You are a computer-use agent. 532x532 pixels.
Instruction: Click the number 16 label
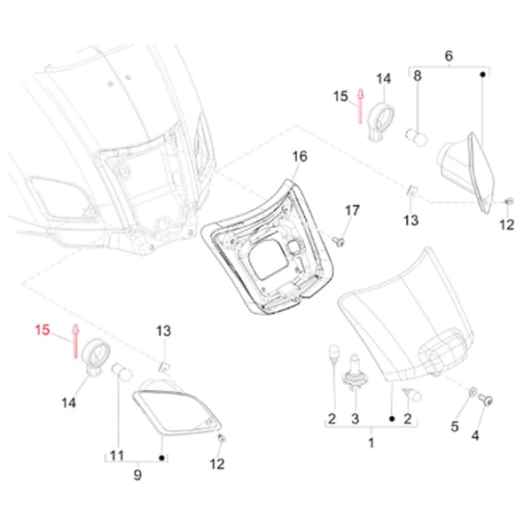[x=300, y=156]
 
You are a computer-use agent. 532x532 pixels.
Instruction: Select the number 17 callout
[x=352, y=210]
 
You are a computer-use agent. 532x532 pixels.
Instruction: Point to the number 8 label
[x=417, y=77]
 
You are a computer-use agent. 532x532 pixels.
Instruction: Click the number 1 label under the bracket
[x=372, y=442]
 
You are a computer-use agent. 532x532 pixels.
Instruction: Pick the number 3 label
[x=356, y=418]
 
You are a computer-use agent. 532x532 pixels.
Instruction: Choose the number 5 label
[x=455, y=426]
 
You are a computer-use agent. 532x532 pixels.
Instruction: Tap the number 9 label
[x=137, y=475]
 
